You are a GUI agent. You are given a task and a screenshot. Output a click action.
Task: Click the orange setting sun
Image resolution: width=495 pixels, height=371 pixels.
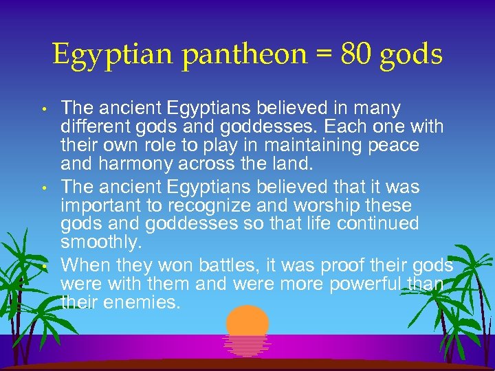point(247,323)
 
